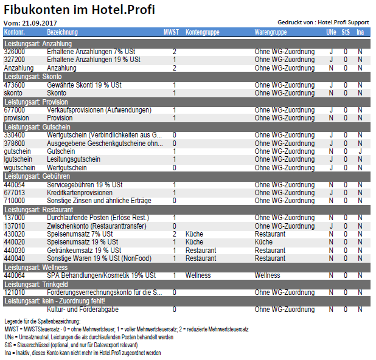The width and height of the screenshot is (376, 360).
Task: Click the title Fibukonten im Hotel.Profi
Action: click(79, 10)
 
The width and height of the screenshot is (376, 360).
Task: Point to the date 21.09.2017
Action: click(40, 23)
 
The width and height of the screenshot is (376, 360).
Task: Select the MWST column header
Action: click(171, 32)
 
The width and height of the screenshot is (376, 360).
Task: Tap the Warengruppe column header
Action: click(271, 32)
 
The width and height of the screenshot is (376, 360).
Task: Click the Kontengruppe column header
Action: click(203, 32)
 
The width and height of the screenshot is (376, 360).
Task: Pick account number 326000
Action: click(15, 52)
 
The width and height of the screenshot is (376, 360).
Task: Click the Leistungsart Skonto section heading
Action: click(33, 77)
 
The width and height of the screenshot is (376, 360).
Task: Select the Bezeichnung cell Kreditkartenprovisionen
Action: click(80, 193)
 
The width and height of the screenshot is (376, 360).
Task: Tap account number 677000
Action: click(15, 110)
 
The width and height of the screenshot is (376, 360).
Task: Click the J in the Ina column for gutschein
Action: click(360, 151)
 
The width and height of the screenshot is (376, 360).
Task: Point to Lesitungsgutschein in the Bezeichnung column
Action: click(74, 159)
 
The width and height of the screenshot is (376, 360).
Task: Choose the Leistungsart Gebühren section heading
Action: click(37, 176)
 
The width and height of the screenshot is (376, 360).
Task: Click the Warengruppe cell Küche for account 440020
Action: click(263, 242)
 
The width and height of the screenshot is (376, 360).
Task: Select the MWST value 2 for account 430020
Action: click(175, 234)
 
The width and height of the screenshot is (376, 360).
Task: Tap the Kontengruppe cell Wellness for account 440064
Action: click(198, 275)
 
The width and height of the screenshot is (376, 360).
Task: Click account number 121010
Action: click(15, 292)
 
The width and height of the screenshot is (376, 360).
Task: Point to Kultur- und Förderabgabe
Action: click(83, 310)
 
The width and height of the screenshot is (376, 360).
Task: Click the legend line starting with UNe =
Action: click(89, 337)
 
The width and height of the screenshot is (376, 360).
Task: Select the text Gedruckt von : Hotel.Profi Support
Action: click(323, 22)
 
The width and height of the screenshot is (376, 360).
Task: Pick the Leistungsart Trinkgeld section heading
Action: click(37, 285)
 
